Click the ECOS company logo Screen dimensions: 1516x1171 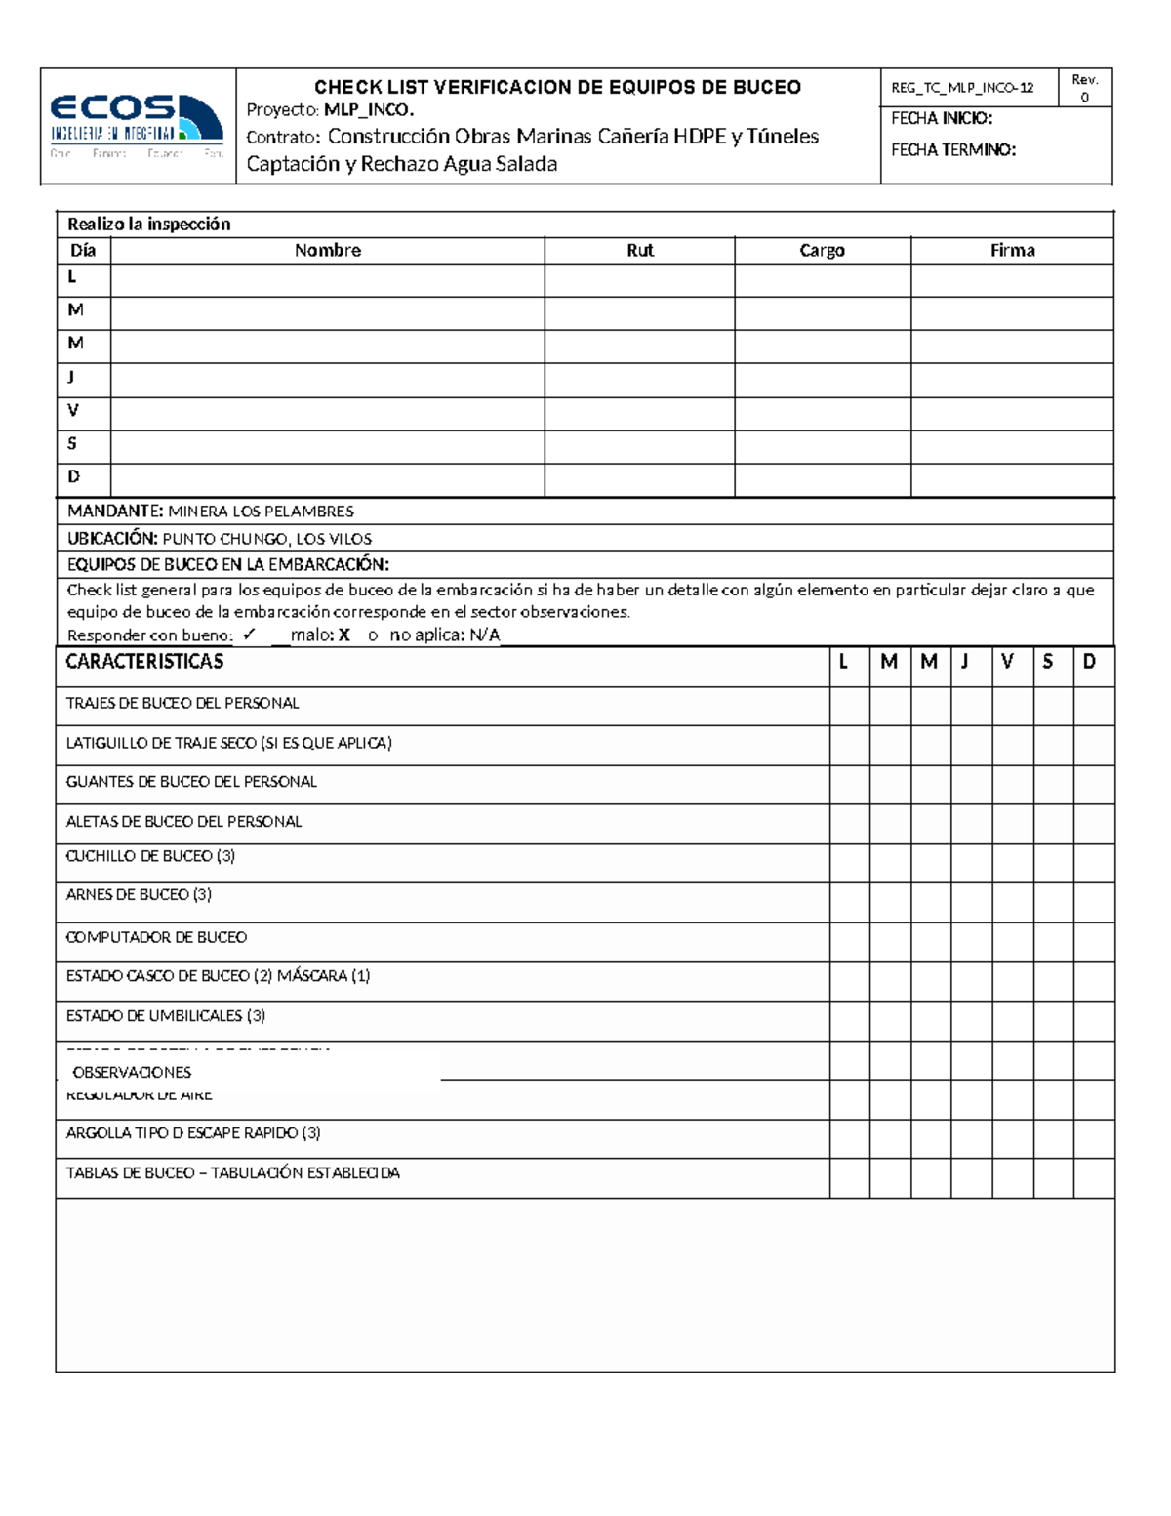click(137, 125)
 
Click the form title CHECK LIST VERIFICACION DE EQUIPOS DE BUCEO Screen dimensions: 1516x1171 click(557, 87)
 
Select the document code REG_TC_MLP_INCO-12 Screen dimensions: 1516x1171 click(961, 88)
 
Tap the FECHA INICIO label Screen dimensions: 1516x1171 click(942, 118)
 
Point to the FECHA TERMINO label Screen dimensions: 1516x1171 click(953, 150)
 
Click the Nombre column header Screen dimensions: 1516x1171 click(328, 251)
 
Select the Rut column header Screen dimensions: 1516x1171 click(639, 251)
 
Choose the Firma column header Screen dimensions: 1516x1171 click(1012, 251)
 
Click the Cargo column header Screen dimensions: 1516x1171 click(822, 251)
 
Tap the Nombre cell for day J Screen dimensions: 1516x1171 click(328, 380)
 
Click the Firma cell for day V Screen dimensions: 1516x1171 click(1012, 413)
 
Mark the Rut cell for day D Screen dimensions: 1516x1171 click(639, 479)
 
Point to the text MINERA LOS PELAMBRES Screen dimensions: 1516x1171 click(261, 512)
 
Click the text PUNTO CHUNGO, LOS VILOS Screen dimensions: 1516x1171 click(266, 539)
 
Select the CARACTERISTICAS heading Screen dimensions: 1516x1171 click(144, 662)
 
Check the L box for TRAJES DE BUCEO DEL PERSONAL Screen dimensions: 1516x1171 click(849, 705)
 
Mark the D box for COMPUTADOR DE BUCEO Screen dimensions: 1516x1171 click(1093, 941)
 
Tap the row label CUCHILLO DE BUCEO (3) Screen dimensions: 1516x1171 click(150, 856)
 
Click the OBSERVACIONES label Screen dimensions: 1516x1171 click(132, 1072)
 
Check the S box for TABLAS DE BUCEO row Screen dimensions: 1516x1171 click(1053, 1177)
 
